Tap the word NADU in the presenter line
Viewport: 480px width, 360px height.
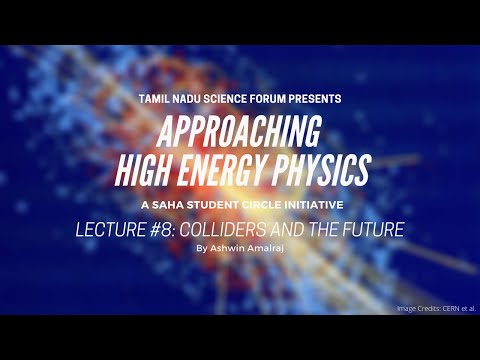pos(194,99)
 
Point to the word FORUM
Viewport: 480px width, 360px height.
pos(283,99)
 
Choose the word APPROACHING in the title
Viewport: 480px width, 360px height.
pos(239,128)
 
